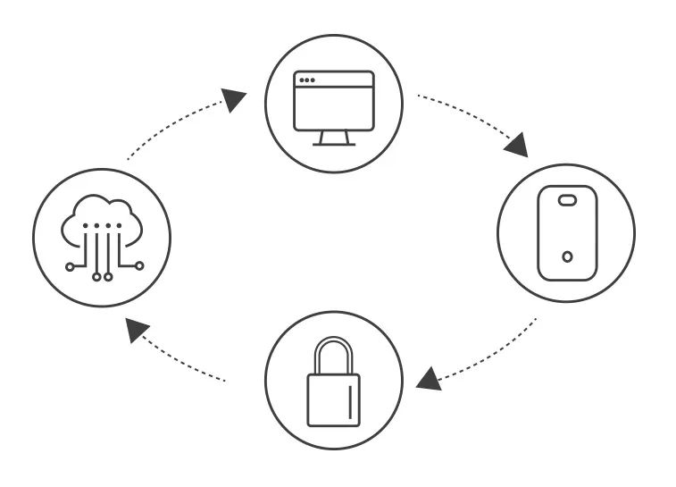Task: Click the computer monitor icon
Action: (334, 107)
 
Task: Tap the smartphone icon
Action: (566, 232)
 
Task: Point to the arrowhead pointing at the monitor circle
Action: (235, 99)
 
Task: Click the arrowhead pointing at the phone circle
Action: (516, 144)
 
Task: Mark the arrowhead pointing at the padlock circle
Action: (429, 379)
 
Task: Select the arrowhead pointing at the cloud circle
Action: (137, 331)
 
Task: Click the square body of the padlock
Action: (334, 399)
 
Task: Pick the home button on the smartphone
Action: (568, 257)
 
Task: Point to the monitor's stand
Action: (334, 139)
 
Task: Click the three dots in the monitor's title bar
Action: (306, 80)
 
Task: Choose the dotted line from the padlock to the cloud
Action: (188, 365)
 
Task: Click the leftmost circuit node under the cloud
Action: (71, 265)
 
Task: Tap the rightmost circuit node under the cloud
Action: (138, 265)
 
